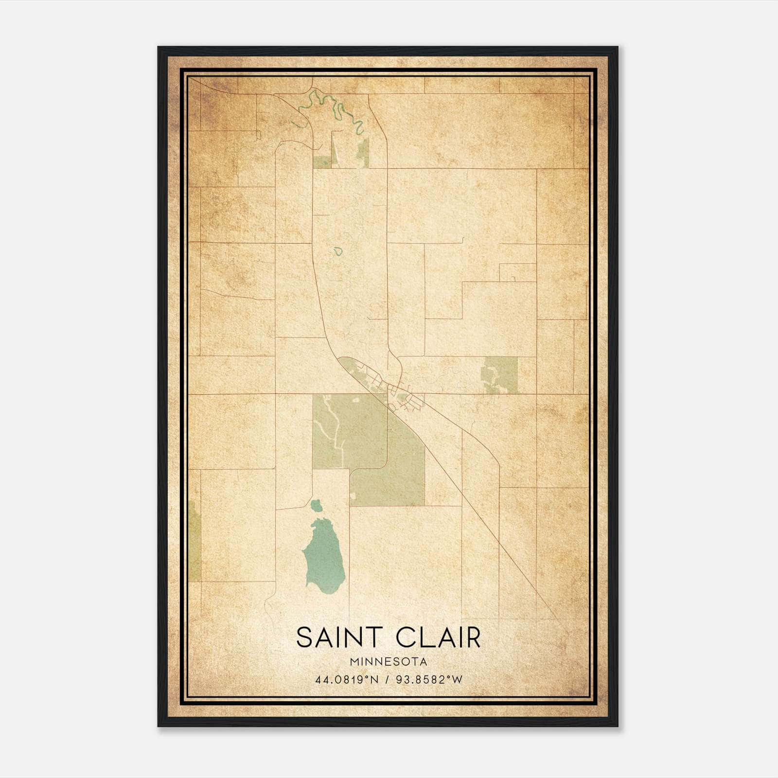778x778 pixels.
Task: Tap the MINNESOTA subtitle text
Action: tap(389, 662)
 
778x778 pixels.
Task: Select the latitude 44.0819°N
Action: tap(347, 680)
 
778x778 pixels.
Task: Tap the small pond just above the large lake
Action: tap(317, 506)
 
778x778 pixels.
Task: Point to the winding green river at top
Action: tap(336, 105)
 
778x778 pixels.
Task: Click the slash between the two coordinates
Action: tap(388, 680)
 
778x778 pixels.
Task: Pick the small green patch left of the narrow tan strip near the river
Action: tap(321, 162)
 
